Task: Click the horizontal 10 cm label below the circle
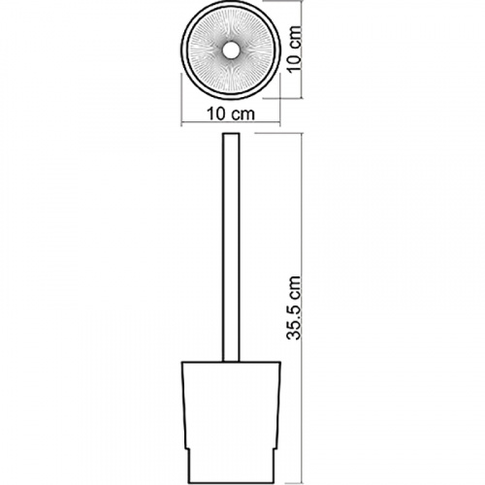[231, 113]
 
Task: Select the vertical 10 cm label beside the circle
[295, 48]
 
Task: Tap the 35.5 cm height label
[294, 307]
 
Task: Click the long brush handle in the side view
[231, 247]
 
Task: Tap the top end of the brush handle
[231, 133]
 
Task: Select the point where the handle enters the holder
[231, 362]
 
